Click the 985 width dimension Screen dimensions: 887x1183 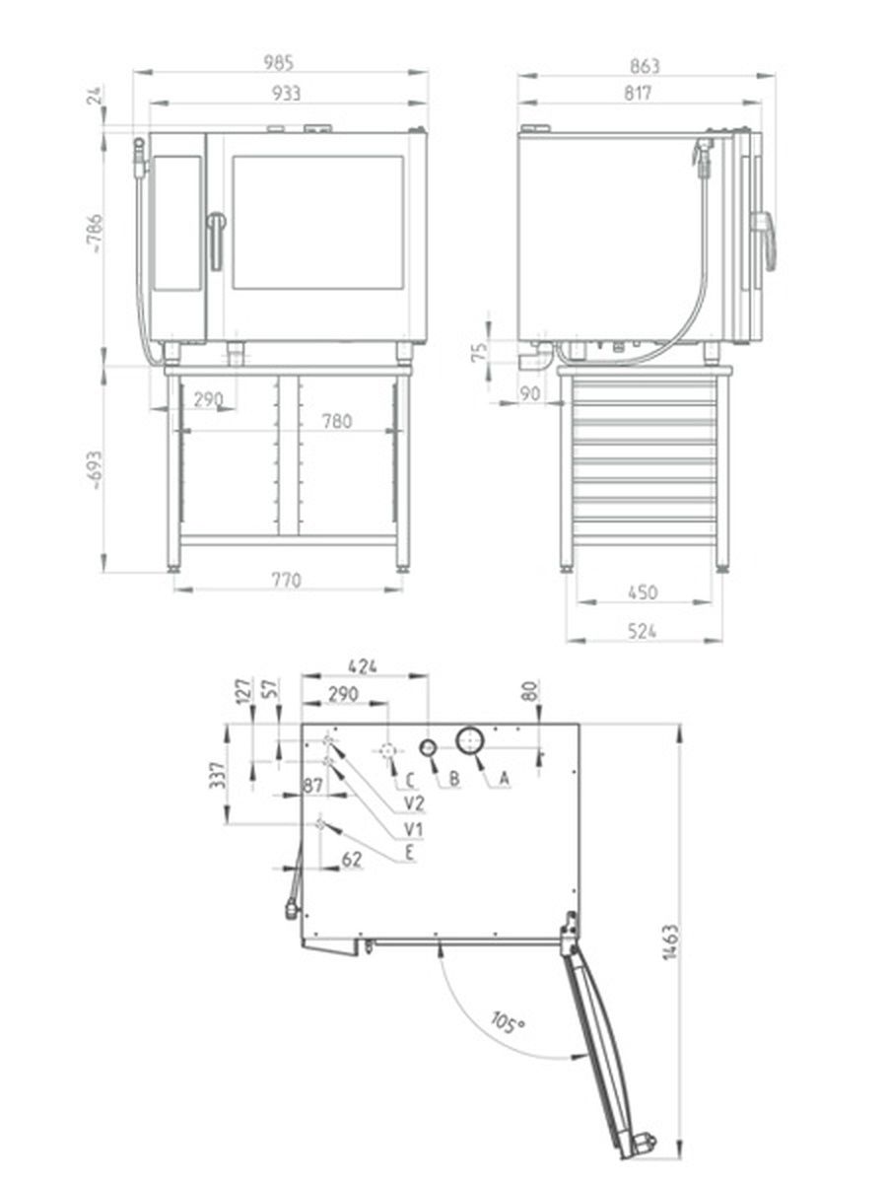(279, 63)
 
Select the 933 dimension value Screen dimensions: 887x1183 (286, 94)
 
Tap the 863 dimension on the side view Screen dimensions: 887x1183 (645, 66)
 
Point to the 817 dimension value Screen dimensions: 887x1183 (638, 94)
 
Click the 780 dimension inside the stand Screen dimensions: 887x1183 (337, 421)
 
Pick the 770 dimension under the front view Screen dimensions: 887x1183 (286, 581)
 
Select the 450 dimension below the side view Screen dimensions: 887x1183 (643, 592)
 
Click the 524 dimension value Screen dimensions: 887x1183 (642, 631)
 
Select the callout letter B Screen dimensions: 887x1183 (454, 778)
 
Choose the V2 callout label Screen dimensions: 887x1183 (414, 803)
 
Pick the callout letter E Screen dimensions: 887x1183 (410, 853)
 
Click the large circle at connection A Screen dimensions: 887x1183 (470, 741)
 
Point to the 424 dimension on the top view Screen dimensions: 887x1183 (363, 666)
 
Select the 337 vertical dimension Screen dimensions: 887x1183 (217, 775)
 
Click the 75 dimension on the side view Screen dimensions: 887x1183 (480, 351)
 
